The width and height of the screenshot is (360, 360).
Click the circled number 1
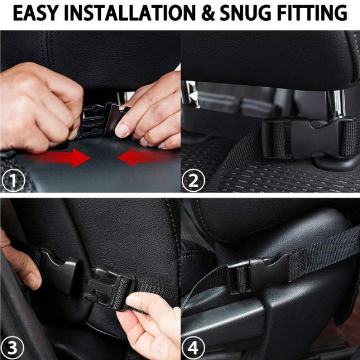click(x=12, y=181)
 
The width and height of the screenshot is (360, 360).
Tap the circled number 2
click(x=193, y=181)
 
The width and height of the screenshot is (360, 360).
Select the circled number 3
click(x=13, y=348)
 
